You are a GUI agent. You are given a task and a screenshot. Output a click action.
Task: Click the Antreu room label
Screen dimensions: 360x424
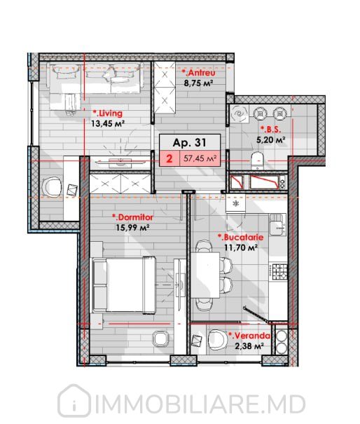click(x=198, y=73)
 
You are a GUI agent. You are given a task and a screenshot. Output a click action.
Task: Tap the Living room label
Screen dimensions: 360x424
click(x=107, y=114)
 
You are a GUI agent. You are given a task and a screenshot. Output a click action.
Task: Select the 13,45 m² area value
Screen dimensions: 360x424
click(x=108, y=124)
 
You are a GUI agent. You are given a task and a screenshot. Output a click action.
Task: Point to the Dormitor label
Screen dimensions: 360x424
click(x=132, y=217)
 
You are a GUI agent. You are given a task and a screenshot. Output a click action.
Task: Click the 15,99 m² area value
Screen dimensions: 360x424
click(x=133, y=227)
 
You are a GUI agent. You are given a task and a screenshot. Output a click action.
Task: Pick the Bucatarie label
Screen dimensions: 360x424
click(x=240, y=238)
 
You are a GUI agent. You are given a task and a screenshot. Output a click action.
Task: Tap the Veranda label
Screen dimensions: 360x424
click(x=249, y=336)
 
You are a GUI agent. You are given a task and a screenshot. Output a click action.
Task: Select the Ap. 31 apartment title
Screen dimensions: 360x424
click(x=190, y=142)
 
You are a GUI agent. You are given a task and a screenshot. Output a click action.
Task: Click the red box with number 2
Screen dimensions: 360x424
click(x=169, y=158)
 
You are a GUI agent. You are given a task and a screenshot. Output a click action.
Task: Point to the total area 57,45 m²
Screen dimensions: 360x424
click(x=200, y=158)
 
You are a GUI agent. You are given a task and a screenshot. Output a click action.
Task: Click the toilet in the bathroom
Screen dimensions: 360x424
click(x=257, y=160)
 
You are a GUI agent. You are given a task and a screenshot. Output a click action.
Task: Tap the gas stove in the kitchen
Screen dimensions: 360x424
click(x=279, y=271)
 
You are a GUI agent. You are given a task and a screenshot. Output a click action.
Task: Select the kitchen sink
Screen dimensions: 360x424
click(x=277, y=224)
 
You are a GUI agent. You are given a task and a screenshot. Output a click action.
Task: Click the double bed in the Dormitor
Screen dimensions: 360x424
click(x=124, y=285)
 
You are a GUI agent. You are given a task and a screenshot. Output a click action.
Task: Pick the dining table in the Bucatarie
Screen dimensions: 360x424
click(x=205, y=275)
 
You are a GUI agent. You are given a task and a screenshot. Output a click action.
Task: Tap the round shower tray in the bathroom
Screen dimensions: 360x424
click(x=240, y=114)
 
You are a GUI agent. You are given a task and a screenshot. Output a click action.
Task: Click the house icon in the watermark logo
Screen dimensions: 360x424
click(x=74, y=402)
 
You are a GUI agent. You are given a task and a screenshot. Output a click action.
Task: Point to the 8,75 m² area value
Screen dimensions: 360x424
click(x=198, y=83)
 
